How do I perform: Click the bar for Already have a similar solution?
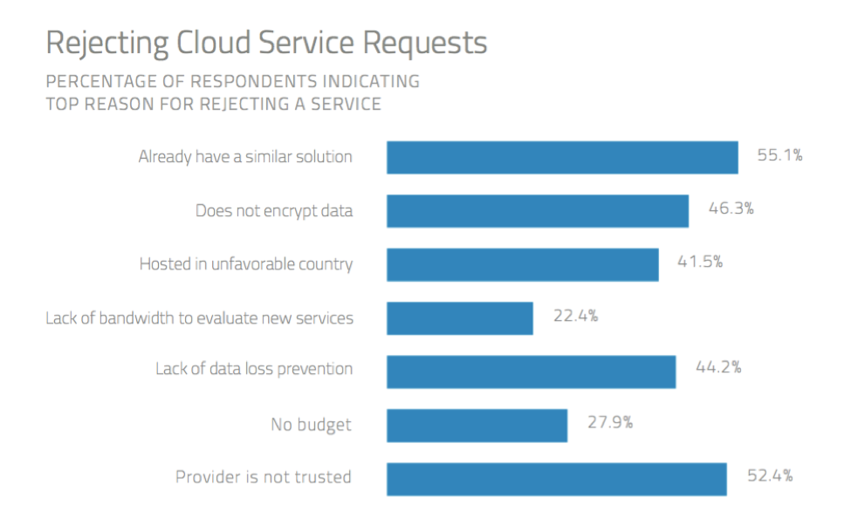(562, 158)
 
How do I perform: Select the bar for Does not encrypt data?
(538, 211)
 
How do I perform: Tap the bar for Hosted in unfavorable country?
(522, 264)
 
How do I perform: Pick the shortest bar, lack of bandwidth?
(460, 317)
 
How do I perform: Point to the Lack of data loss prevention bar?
(531, 371)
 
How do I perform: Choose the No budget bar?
(477, 426)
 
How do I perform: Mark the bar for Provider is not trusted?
(556, 479)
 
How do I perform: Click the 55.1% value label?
(779, 156)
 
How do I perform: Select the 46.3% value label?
(731, 209)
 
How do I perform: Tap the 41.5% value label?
(700, 262)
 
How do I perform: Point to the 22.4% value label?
(575, 316)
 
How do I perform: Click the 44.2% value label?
(718, 367)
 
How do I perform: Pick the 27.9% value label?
(609, 423)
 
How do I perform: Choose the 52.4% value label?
(770, 475)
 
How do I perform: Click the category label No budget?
(311, 425)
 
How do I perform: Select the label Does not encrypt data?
(274, 210)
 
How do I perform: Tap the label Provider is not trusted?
(264, 477)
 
